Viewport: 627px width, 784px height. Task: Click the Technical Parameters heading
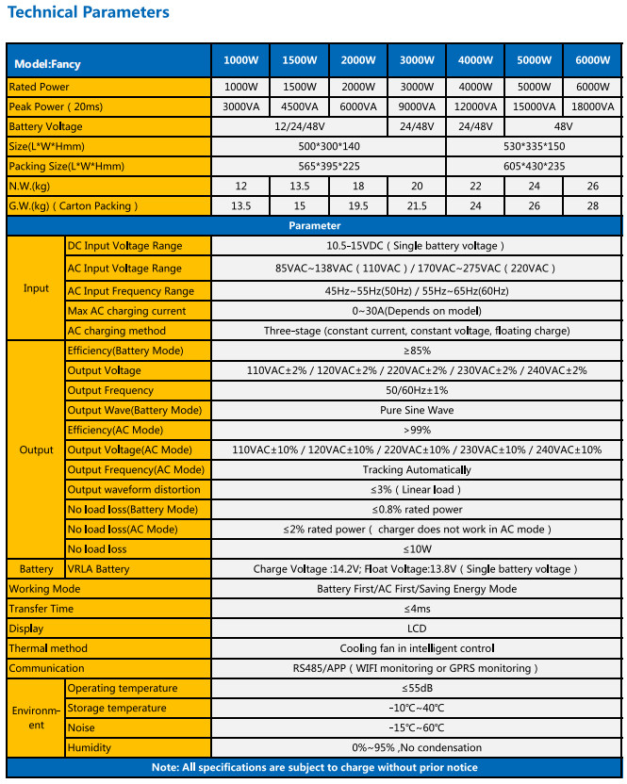(89, 12)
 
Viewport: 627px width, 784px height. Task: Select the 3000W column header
(417, 61)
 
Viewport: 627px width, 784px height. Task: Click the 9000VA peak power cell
(417, 106)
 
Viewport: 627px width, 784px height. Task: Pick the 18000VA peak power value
(592, 106)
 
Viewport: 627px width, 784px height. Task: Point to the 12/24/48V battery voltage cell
(299, 126)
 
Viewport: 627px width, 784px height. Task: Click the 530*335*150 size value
(534, 146)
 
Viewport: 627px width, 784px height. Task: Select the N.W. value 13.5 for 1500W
(299, 186)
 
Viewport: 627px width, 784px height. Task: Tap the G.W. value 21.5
(417, 205)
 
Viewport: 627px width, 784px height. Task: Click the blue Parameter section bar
(314, 226)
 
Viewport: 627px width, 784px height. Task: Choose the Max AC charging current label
(126, 311)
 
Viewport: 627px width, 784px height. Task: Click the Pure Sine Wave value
(416, 410)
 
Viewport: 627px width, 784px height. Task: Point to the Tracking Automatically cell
(416, 469)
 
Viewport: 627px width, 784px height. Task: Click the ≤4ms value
(416, 609)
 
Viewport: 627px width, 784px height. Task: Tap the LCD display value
(416, 629)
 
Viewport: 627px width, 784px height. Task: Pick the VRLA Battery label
(98, 569)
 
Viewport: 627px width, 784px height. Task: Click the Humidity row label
(89, 747)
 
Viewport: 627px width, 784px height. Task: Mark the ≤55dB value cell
(416, 688)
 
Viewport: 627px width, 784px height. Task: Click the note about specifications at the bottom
(314, 767)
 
